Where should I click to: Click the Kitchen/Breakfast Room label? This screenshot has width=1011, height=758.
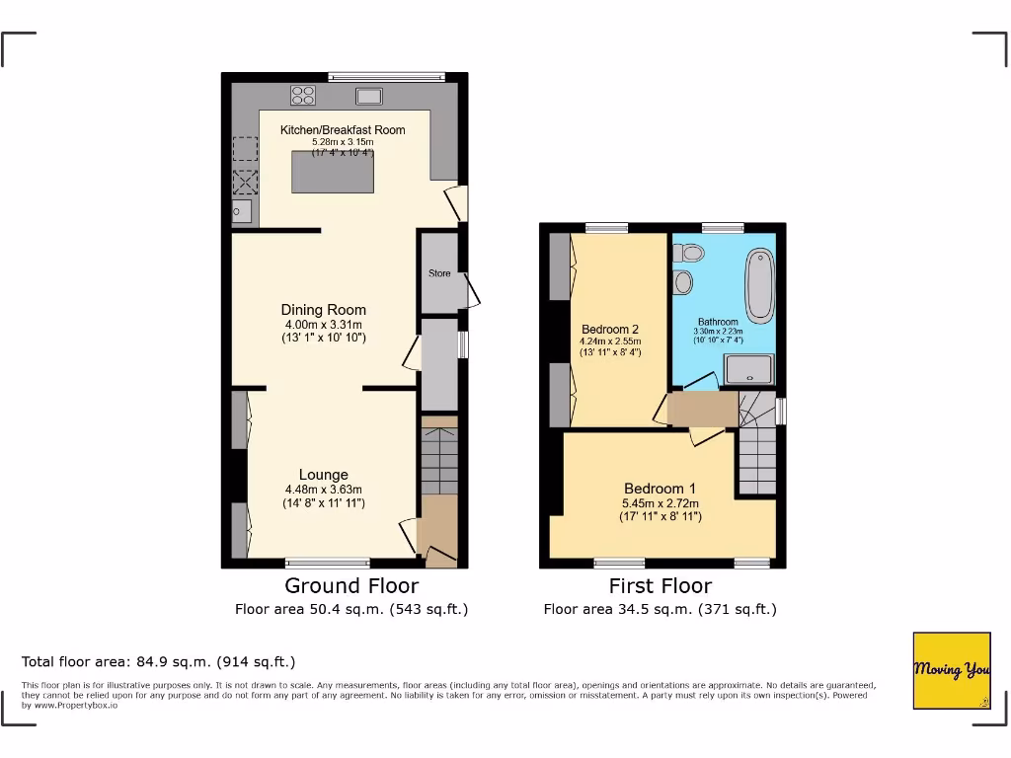(x=343, y=129)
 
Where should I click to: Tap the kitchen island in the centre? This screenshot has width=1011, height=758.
(x=335, y=174)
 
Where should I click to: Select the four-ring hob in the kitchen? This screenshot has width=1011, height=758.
(x=303, y=96)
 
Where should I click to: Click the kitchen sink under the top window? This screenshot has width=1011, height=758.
(x=370, y=96)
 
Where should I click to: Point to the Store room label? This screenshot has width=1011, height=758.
(x=439, y=273)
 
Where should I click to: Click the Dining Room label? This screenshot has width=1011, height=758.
(x=323, y=310)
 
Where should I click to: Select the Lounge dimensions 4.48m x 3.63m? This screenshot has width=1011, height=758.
(x=323, y=490)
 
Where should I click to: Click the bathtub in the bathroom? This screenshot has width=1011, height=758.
(x=761, y=287)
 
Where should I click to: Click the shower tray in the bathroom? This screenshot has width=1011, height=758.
(x=749, y=370)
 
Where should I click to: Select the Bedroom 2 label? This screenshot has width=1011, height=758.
(x=609, y=330)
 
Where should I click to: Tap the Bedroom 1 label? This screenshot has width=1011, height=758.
(x=660, y=489)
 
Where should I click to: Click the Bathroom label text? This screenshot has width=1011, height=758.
(x=718, y=322)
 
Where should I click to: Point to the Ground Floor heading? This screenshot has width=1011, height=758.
(x=351, y=586)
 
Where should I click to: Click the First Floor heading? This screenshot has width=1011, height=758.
(x=660, y=586)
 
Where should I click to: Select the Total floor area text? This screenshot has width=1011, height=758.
(x=158, y=661)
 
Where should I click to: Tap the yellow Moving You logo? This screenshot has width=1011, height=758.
(x=951, y=670)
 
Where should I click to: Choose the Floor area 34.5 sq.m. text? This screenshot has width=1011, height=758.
(x=660, y=609)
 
